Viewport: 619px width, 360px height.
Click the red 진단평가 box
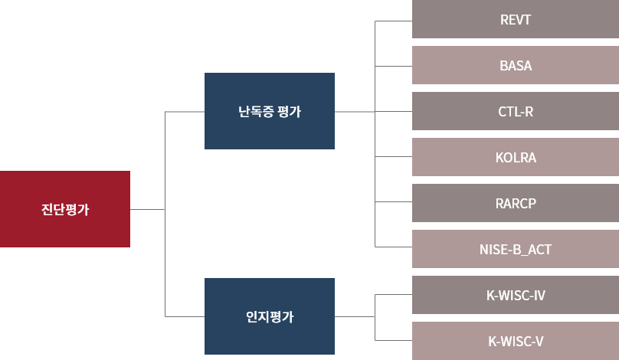click(65, 209)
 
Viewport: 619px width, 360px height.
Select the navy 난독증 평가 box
click(270, 111)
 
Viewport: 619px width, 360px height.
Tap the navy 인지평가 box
click(270, 316)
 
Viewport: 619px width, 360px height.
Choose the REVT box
click(516, 19)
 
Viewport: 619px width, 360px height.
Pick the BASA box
click(516, 65)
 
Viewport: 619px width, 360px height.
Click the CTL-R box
click(516, 111)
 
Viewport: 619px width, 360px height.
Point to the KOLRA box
click(516, 157)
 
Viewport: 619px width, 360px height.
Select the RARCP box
click(516, 203)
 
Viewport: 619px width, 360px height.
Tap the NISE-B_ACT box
click(516, 249)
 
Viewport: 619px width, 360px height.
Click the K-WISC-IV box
click(516, 295)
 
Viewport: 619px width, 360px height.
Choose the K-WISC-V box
click(516, 341)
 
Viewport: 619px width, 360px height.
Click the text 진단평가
click(65, 210)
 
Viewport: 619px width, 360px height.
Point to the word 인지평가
click(270, 316)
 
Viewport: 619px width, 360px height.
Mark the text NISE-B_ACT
click(516, 250)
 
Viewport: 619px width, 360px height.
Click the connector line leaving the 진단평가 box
click(147, 209)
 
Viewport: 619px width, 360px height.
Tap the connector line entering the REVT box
click(394, 21)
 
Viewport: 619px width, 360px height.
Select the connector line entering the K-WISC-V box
click(394, 339)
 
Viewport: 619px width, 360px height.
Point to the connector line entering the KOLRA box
click(394, 156)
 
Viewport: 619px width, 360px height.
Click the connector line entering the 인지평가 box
click(185, 316)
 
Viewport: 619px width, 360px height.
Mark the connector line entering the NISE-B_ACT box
click(394, 247)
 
